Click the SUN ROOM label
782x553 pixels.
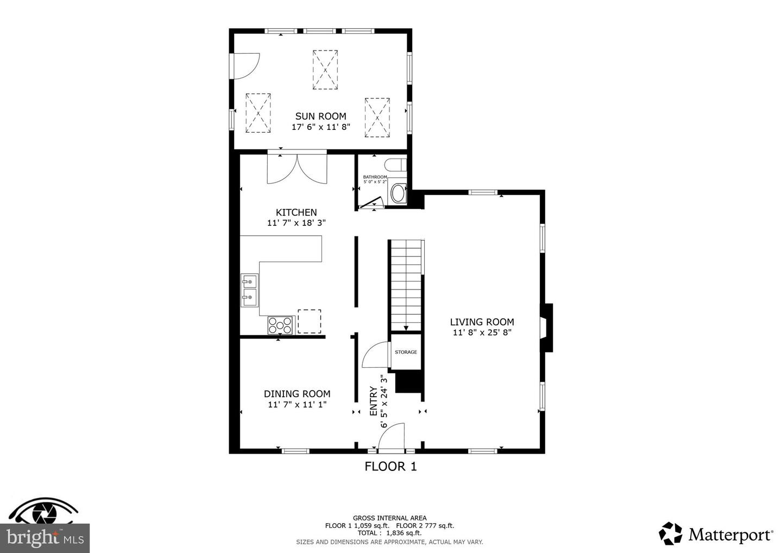pyautogui.click(x=320, y=116)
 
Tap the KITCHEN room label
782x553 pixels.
pyautogui.click(x=297, y=212)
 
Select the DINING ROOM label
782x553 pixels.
pyautogui.click(x=297, y=394)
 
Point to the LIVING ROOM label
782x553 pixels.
pyautogui.click(x=482, y=322)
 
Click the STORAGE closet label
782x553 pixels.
pyautogui.click(x=406, y=352)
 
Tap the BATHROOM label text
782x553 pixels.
pyautogui.click(x=375, y=177)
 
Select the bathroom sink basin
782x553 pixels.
pyautogui.click(x=398, y=193)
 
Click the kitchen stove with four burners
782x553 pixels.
pyautogui.click(x=280, y=325)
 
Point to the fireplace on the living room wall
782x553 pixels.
pyautogui.click(x=546, y=328)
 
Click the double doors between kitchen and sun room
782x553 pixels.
pyautogui.click(x=297, y=169)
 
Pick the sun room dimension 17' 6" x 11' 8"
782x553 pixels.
pyautogui.click(x=321, y=127)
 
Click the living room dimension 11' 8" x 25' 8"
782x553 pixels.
pyautogui.click(x=482, y=332)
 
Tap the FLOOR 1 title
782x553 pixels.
pyautogui.click(x=390, y=467)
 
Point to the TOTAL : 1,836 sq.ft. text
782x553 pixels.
pyautogui.click(x=389, y=533)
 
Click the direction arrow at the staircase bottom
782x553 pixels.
pyautogui.click(x=406, y=328)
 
